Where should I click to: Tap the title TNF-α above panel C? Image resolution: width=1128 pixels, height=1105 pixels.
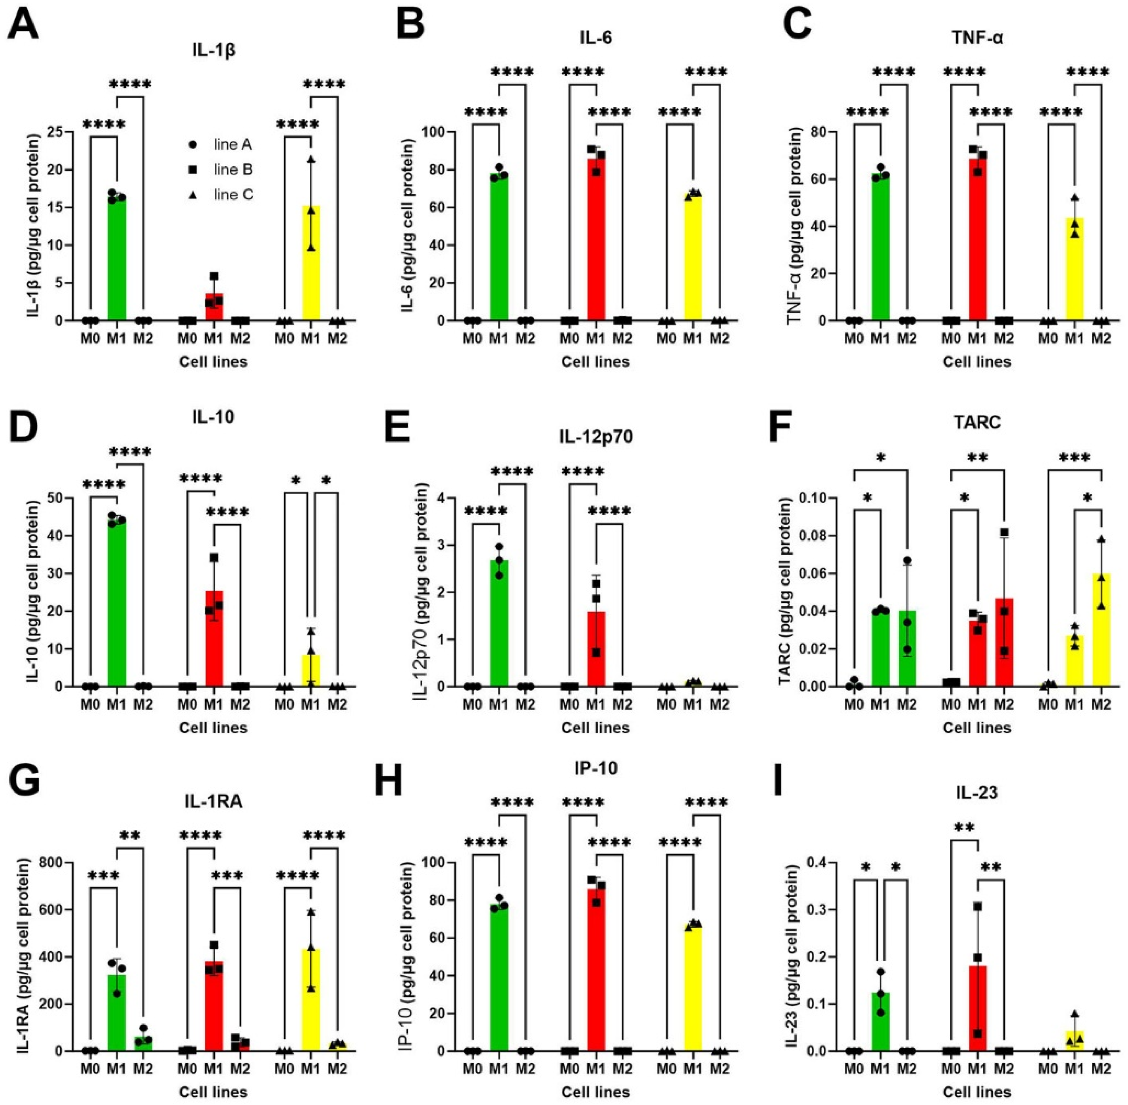point(977,38)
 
